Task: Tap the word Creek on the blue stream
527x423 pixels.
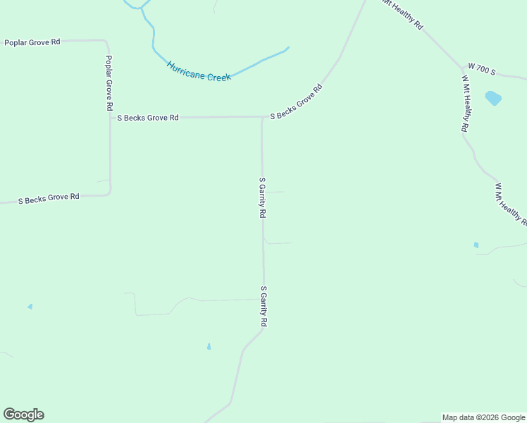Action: click(218, 77)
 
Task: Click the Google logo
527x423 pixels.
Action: click(23, 415)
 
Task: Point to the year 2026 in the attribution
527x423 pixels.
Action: click(486, 417)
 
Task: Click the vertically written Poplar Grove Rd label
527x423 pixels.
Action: click(109, 82)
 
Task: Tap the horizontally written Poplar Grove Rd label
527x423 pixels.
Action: click(32, 42)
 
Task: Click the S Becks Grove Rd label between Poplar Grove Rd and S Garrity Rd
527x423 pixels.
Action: click(148, 118)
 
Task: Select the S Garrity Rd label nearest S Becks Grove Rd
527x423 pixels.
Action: click(262, 197)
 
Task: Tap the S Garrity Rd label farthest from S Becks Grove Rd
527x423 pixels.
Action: click(264, 306)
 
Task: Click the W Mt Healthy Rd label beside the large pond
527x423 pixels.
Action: click(465, 104)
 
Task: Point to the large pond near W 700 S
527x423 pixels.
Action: click(493, 98)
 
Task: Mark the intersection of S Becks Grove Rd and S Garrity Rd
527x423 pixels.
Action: click(262, 117)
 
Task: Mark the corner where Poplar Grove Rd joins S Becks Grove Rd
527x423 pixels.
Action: click(110, 193)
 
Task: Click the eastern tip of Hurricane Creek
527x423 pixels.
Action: click(287, 48)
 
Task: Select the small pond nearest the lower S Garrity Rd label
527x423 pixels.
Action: click(209, 346)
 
